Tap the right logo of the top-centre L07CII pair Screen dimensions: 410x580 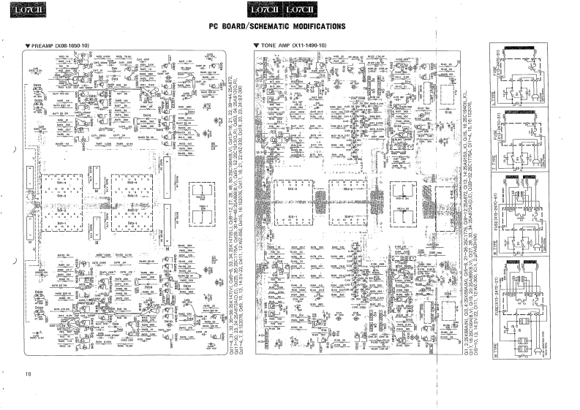point(301,10)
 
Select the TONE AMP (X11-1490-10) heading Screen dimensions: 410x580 point(293,46)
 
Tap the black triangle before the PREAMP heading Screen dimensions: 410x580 point(27,46)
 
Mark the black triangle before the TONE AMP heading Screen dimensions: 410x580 point(255,46)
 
